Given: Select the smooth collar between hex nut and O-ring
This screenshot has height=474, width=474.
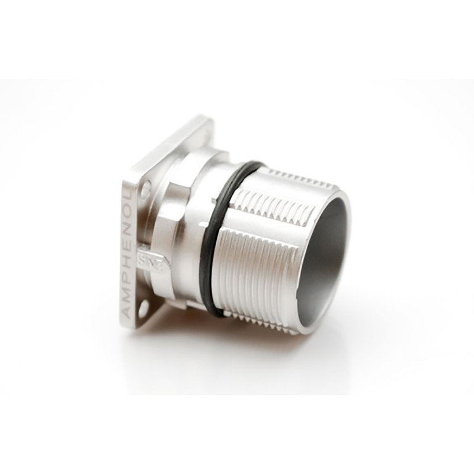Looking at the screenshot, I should (204, 196).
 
